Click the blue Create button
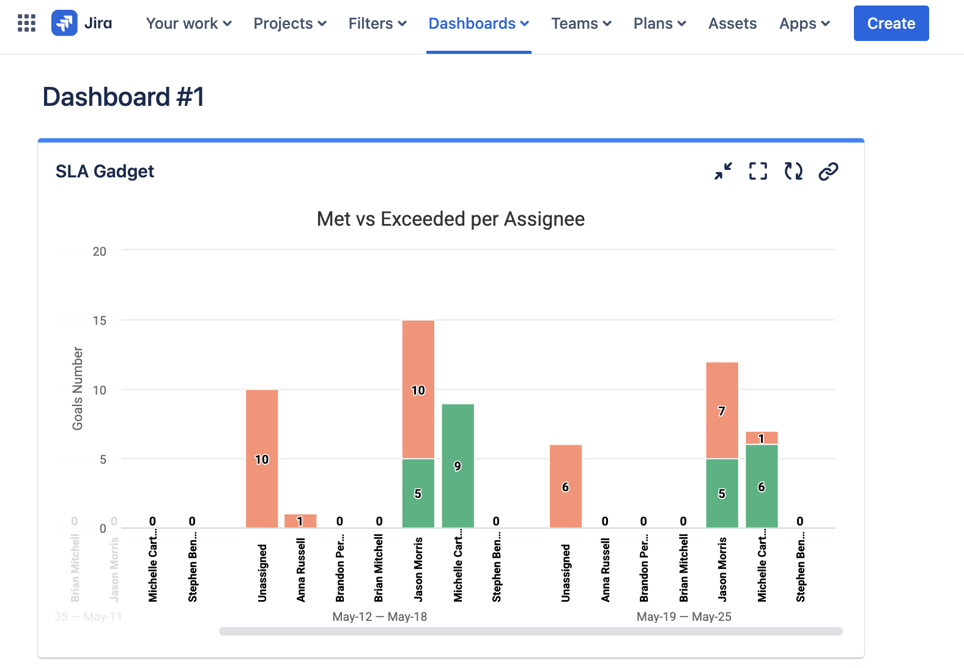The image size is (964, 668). (891, 23)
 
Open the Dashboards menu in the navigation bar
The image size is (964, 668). (478, 23)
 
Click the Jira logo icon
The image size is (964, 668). (64, 23)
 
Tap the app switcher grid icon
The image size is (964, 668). (26, 23)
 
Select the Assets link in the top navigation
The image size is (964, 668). (732, 23)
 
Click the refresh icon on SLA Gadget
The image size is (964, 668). (793, 171)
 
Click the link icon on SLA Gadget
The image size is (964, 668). (828, 171)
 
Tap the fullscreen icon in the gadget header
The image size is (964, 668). (758, 171)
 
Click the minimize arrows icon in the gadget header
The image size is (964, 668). (723, 171)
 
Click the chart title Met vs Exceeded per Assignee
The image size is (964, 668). (450, 219)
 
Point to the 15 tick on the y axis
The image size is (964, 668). (99, 321)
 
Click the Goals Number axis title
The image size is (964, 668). (78, 388)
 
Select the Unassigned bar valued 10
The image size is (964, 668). (262, 459)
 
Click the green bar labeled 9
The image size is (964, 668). (458, 466)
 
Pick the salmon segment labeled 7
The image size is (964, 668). (722, 410)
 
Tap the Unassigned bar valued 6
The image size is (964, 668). (565, 486)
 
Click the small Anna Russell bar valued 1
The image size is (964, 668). (300, 521)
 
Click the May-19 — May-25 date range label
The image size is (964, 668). (684, 617)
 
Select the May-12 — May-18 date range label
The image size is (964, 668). (379, 617)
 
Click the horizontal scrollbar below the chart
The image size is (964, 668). (530, 631)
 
